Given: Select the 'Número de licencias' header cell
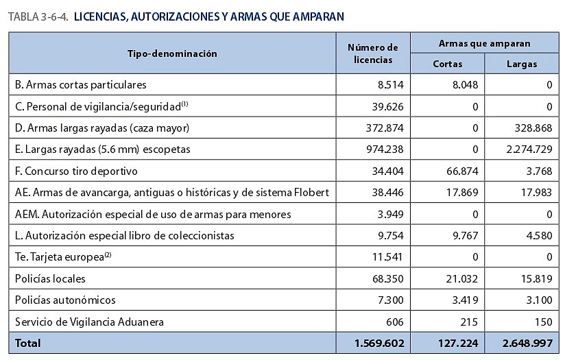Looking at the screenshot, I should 373,53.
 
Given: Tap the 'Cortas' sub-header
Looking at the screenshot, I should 448,64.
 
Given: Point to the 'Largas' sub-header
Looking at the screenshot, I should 521,64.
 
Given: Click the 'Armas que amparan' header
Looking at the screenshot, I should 484,43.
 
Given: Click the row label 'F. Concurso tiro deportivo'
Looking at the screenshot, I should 76,171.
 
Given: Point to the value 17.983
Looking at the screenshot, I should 536,193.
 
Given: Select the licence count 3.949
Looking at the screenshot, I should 390,214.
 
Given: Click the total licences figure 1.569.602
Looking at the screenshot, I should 379,343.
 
